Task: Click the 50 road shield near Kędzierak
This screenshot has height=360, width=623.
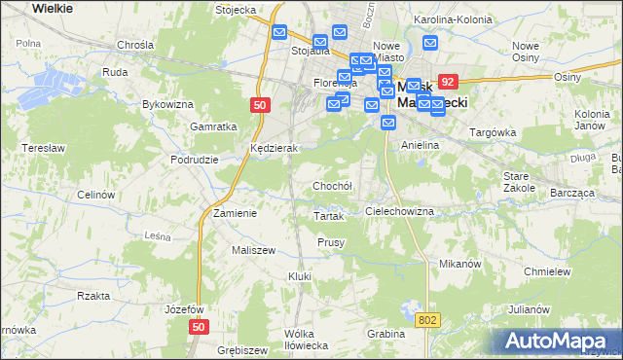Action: click(258, 106)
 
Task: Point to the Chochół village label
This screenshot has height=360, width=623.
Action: click(332, 185)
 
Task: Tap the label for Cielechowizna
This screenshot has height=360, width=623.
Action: click(399, 210)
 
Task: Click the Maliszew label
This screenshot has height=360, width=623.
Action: click(253, 250)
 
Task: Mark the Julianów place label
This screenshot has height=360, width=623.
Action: click(529, 307)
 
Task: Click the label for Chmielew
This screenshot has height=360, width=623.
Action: click(546, 271)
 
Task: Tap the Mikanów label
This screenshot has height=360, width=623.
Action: click(460, 263)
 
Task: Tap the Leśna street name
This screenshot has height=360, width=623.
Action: click(158, 234)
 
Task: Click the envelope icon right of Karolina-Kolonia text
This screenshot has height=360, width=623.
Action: click(430, 44)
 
